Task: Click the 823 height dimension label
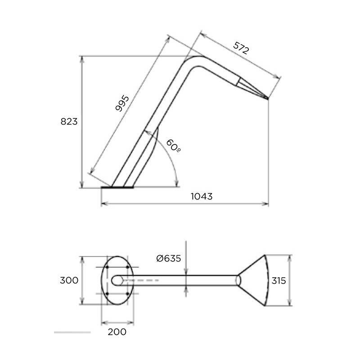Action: point(69,121)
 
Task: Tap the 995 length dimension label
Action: point(122,103)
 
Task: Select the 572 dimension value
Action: point(241,48)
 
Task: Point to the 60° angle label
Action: point(173,145)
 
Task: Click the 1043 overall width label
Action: point(202,196)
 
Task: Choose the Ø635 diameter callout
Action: point(168,258)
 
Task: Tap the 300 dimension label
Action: point(69,280)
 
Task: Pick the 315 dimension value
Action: point(279,280)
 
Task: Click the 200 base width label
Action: point(117,332)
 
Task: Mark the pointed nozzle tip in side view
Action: point(268,99)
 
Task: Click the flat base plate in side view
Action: point(117,187)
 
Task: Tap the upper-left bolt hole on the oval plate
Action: point(107,267)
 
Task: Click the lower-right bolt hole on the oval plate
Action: point(128,294)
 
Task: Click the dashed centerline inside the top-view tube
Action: point(141,280)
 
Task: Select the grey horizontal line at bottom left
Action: point(72,332)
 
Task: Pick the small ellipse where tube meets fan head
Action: point(238,280)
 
